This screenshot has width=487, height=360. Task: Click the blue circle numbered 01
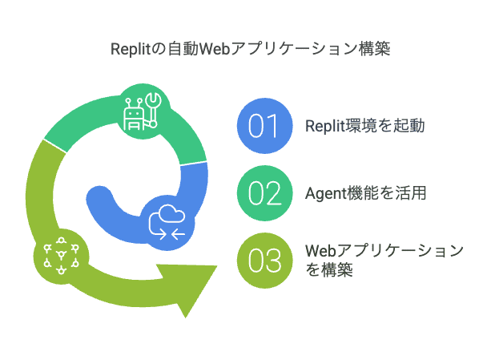tap(264, 126)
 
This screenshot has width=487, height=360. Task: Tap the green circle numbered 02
tap(264, 193)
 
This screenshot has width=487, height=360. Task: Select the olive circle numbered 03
tap(264, 261)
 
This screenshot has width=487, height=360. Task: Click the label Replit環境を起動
tap(365, 126)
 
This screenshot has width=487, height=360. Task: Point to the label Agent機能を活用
tap(365, 193)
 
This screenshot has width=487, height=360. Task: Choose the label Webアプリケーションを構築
tap(384, 260)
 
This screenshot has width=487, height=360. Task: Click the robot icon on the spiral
tap(134, 114)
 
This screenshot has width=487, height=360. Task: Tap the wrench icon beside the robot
tap(153, 109)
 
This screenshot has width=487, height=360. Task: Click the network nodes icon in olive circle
tap(61, 256)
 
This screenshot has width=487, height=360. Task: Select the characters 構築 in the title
tap(374, 49)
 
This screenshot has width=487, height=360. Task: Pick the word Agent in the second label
tap(326, 194)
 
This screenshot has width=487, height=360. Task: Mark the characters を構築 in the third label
tap(329, 269)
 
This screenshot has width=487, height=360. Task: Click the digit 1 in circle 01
tap(272, 126)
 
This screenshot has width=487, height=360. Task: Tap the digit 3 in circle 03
tap(273, 261)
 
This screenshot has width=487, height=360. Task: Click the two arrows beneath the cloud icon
tap(172, 234)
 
